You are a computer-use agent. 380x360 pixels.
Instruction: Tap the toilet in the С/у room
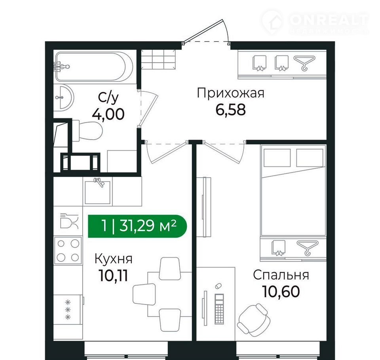coord(87,131)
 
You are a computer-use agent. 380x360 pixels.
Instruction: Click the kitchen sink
coord(97,191)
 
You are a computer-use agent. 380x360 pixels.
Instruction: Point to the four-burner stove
coord(68,250)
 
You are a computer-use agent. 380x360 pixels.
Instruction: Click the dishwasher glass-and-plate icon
coord(69,221)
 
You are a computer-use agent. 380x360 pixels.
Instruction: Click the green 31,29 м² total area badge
coord(137,226)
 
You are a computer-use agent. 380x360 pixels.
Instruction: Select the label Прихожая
coord(230,93)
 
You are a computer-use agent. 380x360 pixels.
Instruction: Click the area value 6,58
coord(230,110)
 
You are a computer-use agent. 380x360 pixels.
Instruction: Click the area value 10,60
coord(281,292)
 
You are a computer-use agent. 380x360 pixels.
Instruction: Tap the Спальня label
coord(281,275)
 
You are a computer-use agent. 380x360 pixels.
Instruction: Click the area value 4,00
coord(108,114)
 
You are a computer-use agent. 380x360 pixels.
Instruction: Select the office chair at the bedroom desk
coord(254,320)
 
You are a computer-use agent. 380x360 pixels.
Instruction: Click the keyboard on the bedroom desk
coord(219,309)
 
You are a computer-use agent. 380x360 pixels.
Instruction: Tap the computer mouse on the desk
coord(218,286)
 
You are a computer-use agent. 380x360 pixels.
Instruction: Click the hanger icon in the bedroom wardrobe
coord(307,248)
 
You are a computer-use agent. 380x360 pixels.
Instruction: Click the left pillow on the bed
coord(277,158)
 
